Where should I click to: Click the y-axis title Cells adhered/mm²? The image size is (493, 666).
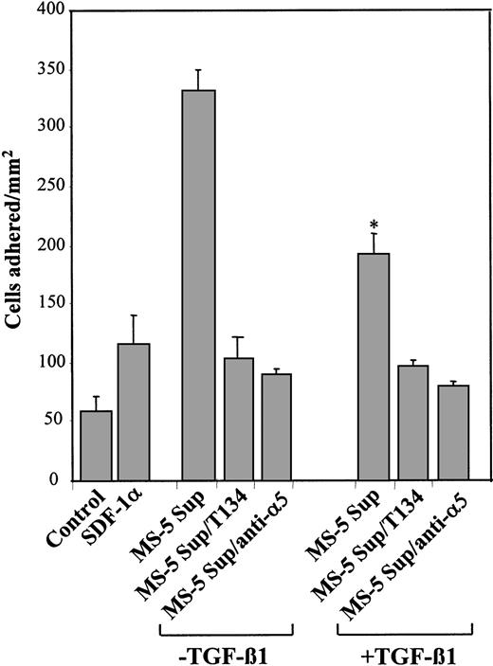pyautogui.click(x=14, y=246)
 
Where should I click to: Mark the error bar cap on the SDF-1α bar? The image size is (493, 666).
pyautogui.click(x=133, y=315)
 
